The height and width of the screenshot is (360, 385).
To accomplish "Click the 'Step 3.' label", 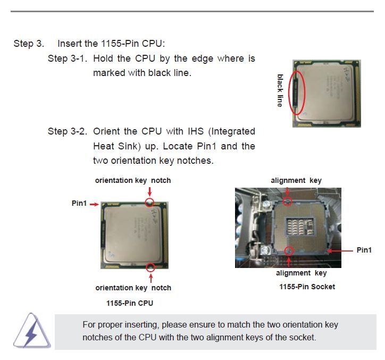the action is coord(29,44).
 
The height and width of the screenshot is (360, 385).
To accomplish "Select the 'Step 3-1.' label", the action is coord(68,58).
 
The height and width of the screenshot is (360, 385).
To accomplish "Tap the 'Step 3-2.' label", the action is coord(68,131).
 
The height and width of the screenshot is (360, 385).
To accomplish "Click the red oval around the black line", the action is coord(289,93).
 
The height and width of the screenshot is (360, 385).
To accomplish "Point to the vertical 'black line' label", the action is coord(280,90).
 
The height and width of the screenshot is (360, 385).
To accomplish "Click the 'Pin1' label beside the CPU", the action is coord(79,203).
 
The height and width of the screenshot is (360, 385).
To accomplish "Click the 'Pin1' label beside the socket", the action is coord(364,250).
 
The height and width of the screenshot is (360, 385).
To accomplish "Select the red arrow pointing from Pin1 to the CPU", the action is coord(94,204).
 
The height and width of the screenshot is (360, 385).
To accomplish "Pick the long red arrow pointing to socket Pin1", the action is coord(340,251).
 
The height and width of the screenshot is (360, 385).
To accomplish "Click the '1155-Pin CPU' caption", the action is coord(130,303).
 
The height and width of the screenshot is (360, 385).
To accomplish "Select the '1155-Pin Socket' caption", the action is coord(307,287).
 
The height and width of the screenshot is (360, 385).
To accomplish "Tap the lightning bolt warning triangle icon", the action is coord(32,331).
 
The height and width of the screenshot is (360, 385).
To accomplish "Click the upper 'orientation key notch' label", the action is coord(133,180).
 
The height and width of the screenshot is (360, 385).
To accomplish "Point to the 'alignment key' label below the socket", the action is coord(302,273).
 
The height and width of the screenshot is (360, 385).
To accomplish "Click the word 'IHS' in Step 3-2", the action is coord(196,131).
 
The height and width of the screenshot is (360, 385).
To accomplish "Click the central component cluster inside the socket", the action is coord(299,227).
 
